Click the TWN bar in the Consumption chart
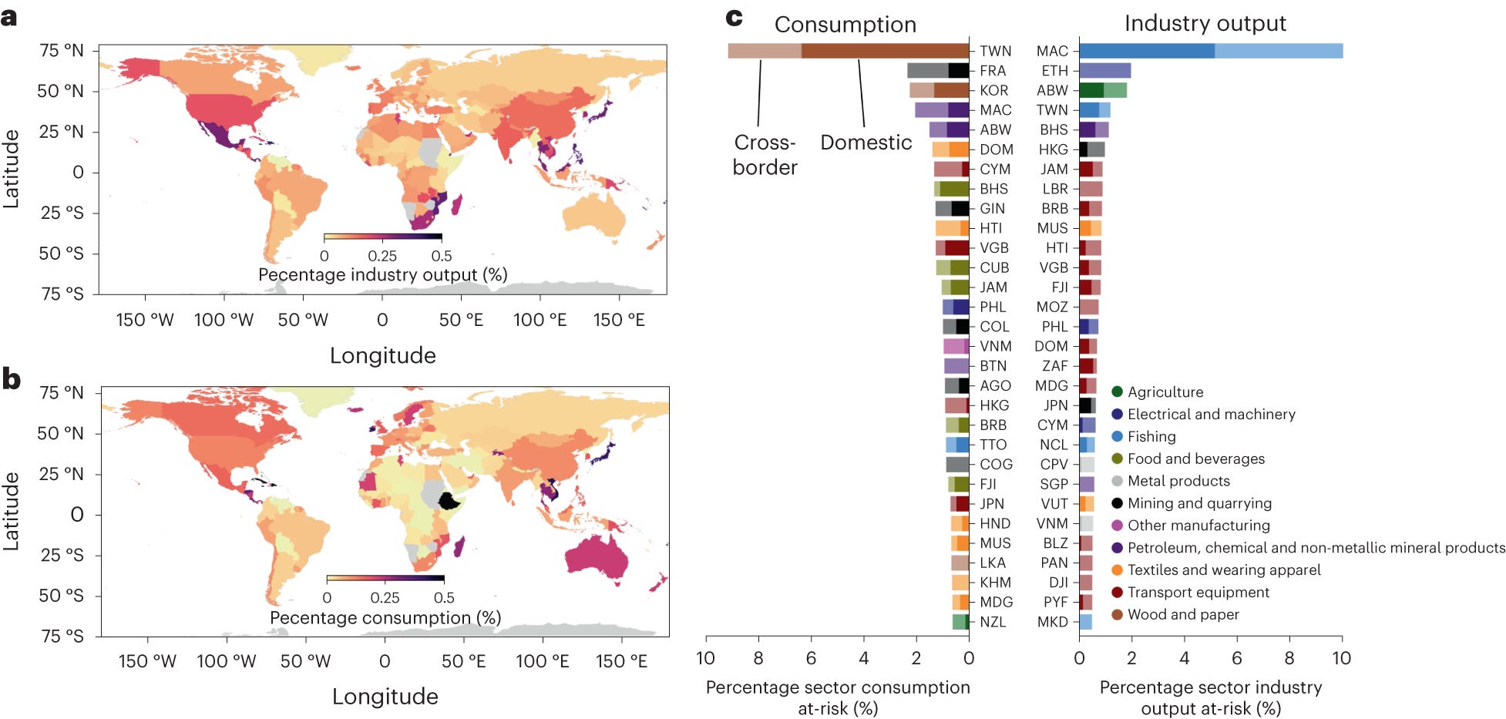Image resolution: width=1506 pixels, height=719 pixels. tap(848, 51)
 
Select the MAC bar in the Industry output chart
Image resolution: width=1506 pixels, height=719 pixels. tap(1210, 51)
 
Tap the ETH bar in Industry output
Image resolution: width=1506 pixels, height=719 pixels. tap(1104, 71)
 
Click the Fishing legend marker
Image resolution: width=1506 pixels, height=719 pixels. tap(1117, 436)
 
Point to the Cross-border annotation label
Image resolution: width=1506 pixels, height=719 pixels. tap(765, 155)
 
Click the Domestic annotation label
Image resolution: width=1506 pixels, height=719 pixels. tap(866, 143)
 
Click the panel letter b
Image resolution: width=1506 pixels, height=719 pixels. tap(11, 379)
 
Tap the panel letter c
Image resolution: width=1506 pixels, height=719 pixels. tap(735, 17)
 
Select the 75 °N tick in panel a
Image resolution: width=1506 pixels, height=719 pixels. tap(61, 51)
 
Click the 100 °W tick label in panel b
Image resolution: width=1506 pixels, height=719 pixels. tap(226, 661)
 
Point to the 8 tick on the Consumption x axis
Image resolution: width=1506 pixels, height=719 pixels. tap(758, 658)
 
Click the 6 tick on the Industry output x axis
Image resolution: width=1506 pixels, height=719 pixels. tap(1236, 658)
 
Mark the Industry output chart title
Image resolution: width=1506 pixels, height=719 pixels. tap(1205, 23)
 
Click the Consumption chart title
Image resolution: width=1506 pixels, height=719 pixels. tap(845, 25)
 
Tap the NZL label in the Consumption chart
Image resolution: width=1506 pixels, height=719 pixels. tap(993, 622)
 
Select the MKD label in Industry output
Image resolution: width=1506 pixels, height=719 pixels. tap(1052, 622)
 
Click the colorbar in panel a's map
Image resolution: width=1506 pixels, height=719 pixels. tap(382, 237)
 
